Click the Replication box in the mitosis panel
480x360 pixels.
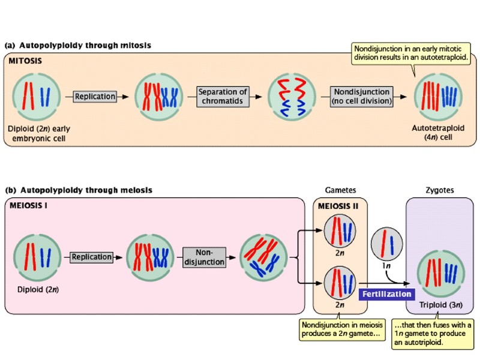(95, 96)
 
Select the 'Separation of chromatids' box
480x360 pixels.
(223, 96)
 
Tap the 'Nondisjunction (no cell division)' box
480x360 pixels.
(362, 96)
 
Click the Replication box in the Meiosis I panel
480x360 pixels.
(92, 257)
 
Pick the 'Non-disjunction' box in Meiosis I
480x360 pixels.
(203, 257)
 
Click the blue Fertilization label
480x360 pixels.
(386, 294)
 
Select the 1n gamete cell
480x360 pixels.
(383, 245)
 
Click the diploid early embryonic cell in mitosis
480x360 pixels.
(37, 96)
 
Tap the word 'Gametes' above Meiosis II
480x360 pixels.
(340, 190)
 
